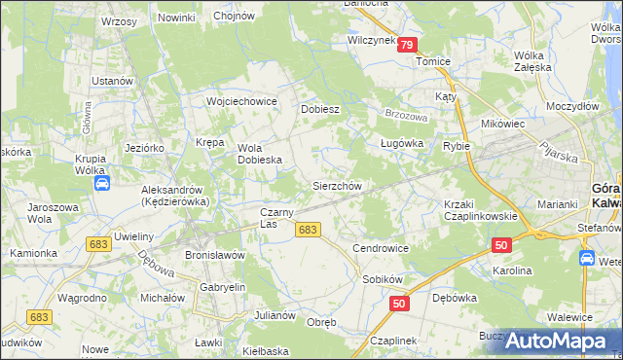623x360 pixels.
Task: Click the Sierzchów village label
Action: pyautogui.click(x=337, y=185)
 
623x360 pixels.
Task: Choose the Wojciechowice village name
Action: pyautogui.click(x=241, y=101)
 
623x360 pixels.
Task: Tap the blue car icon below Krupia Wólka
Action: pyautogui.click(x=100, y=182)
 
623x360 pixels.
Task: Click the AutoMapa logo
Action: pyautogui.click(x=558, y=341)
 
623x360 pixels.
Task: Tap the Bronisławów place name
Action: pyautogui.click(x=214, y=254)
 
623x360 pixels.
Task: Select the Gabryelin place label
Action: pyautogui.click(x=221, y=289)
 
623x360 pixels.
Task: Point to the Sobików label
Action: pyautogui.click(x=382, y=279)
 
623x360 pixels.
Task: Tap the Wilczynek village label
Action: pyautogui.click(x=371, y=41)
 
